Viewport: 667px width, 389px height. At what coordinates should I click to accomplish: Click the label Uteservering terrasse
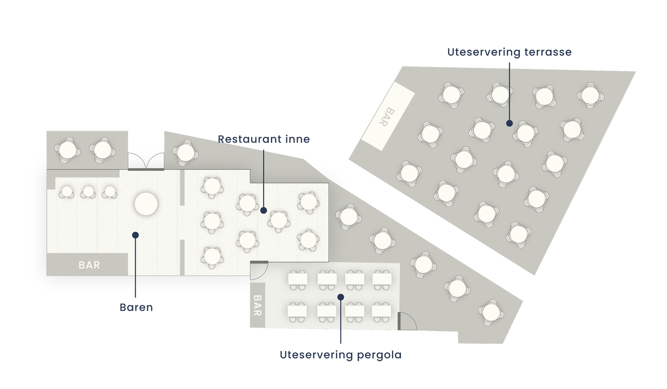click(509, 52)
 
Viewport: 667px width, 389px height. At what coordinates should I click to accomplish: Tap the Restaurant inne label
click(264, 139)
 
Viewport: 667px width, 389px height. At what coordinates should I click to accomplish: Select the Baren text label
click(136, 308)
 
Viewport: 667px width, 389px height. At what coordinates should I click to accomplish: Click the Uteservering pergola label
click(340, 355)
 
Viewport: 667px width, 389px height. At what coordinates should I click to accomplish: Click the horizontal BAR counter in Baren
click(87, 265)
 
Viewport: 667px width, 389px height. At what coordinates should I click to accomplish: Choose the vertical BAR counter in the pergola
click(257, 305)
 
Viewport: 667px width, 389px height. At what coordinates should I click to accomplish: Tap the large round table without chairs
click(146, 204)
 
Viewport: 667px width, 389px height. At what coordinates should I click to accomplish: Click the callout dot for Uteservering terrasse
click(509, 123)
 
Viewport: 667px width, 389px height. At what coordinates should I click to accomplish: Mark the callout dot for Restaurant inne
click(264, 210)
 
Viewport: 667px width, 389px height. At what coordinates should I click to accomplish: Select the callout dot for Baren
click(135, 235)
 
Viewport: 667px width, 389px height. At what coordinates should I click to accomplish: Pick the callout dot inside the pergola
click(341, 297)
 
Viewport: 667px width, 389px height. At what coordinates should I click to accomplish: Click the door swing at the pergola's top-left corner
click(258, 270)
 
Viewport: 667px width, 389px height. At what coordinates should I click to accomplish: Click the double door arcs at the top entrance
click(146, 161)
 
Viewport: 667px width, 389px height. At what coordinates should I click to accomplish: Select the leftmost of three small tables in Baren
click(67, 192)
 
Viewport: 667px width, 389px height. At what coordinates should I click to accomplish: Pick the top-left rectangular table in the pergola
click(298, 279)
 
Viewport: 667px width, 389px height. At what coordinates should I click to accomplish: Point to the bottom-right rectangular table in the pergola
click(382, 311)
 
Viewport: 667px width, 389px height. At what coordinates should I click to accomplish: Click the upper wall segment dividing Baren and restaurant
click(182, 188)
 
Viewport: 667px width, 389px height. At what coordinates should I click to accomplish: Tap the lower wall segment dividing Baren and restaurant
click(182, 257)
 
